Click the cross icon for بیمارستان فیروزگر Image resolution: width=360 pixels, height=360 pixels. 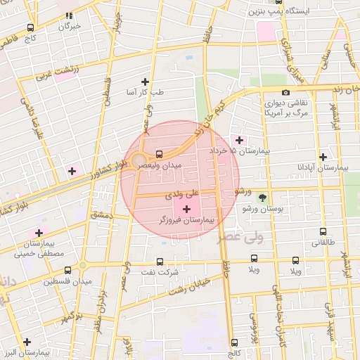pyautogui.click(x=186, y=210)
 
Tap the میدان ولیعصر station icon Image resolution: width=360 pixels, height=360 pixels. pyautogui.click(x=159, y=154)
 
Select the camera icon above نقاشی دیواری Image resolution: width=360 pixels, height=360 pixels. pyautogui.click(x=285, y=93)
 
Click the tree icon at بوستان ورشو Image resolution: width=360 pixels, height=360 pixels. pyautogui.click(x=262, y=198)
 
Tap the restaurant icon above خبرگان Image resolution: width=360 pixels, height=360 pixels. pyautogui.click(x=70, y=15)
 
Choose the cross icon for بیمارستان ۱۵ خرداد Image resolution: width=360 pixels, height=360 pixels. pyautogui.click(x=240, y=140)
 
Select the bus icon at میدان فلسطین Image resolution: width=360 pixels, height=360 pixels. pyautogui.click(x=67, y=270)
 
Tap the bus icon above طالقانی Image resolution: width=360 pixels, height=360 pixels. pyautogui.click(x=323, y=231)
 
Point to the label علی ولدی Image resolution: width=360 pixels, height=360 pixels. pyautogui.click(x=182, y=191)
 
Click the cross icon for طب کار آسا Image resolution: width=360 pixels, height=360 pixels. pyautogui.click(x=145, y=82)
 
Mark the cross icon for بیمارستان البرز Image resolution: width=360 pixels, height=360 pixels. pyautogui.click(x=27, y=342)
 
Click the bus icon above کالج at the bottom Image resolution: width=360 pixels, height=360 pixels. pyautogui.click(x=234, y=342)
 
